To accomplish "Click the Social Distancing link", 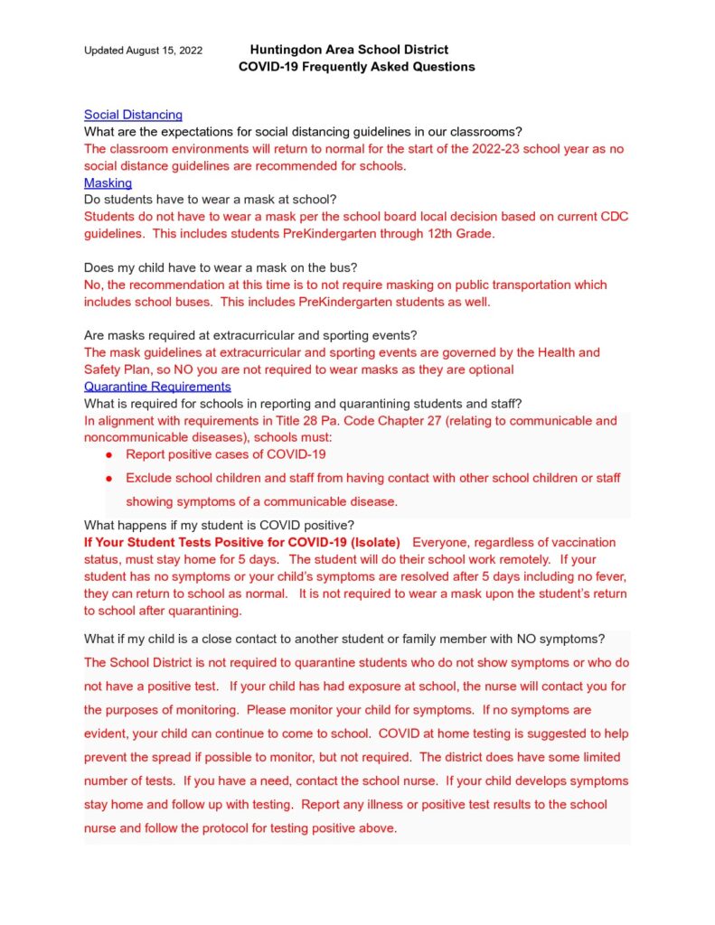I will point(133,115).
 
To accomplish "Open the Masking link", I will point(108,182).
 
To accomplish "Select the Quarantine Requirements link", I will point(157,386).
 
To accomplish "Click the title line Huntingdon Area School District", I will point(349,50).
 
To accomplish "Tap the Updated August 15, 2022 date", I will point(143,51).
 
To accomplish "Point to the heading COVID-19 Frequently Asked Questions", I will point(356,67).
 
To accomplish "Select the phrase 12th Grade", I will point(461,234).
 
